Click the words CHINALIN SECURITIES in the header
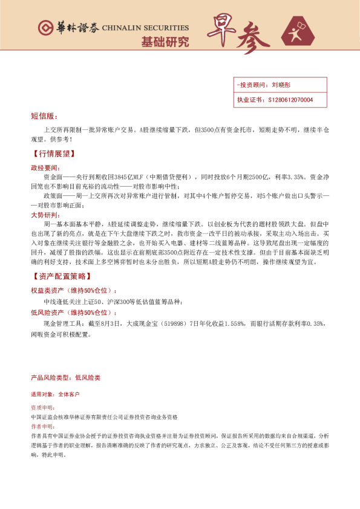click(145, 28)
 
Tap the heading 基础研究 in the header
click(165, 42)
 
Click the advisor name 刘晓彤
click(282, 85)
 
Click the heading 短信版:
click(44, 116)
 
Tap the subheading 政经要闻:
click(45, 167)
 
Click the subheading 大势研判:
click(45, 215)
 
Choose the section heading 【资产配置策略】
click(61, 276)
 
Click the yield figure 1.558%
click(232, 324)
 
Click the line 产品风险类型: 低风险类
click(65, 377)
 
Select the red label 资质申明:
click(42, 408)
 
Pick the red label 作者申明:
click(42, 426)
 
